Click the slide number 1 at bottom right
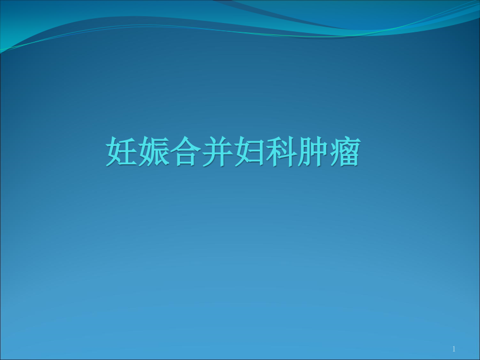(454, 349)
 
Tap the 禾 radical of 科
(273, 152)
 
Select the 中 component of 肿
(319, 151)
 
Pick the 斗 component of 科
(289, 152)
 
